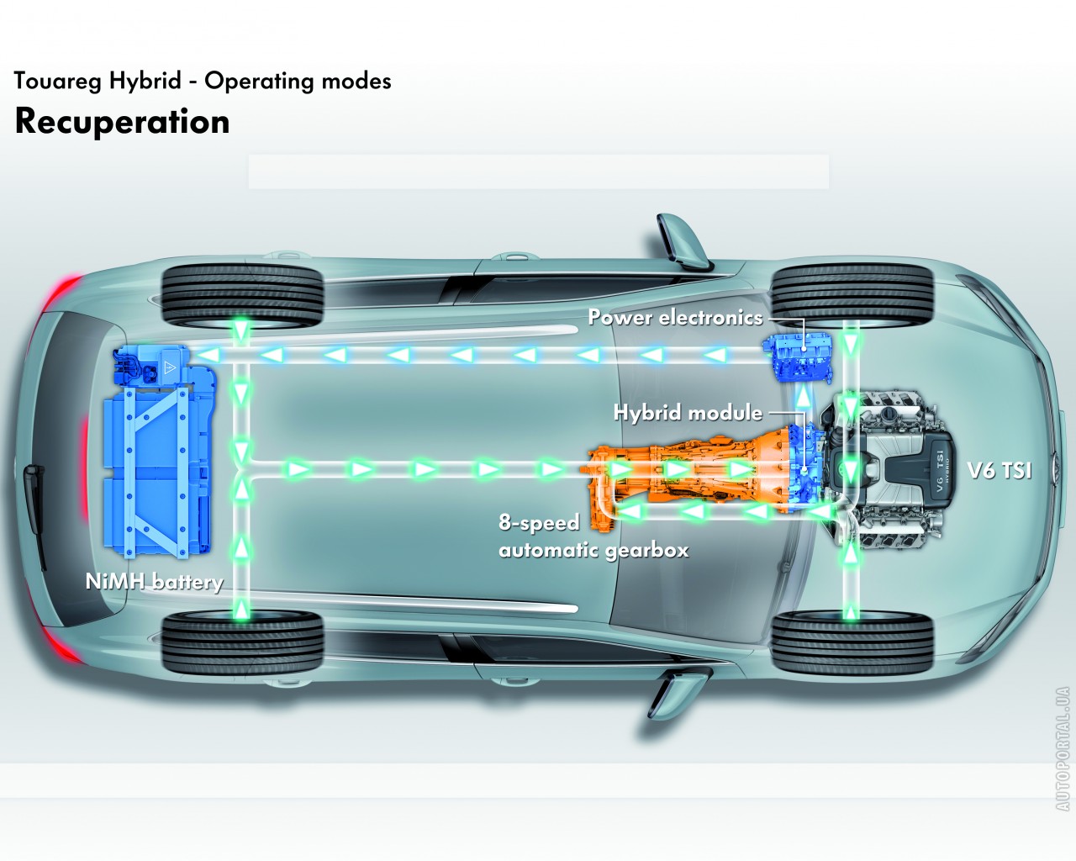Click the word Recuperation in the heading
pyautogui.click(x=122, y=121)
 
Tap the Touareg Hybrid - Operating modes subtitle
pyautogui.click(x=202, y=81)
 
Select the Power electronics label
pyautogui.click(x=675, y=317)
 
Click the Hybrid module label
pyautogui.click(x=688, y=413)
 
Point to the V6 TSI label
pyautogui.click(x=1000, y=470)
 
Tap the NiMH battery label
pyautogui.click(x=154, y=582)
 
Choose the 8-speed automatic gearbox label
pyautogui.click(x=593, y=536)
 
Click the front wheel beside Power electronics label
pyautogui.click(x=852, y=294)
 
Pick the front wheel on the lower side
pyautogui.click(x=852, y=643)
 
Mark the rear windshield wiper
pyautogui.click(x=34, y=488)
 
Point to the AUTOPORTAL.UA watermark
pyautogui.click(x=1063, y=748)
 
